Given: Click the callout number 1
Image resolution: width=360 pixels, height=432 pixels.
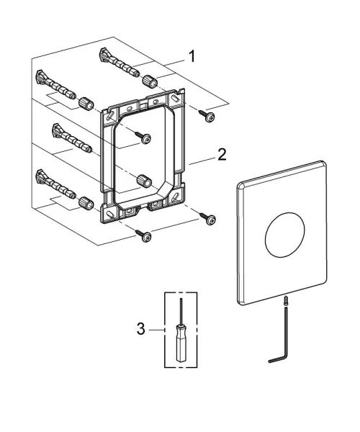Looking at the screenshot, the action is [192, 56].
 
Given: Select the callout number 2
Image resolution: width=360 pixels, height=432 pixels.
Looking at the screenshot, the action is [222, 154].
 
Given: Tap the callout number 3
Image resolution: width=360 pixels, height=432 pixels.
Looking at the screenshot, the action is [140, 329].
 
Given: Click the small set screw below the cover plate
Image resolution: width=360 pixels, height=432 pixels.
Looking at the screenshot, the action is [287, 300].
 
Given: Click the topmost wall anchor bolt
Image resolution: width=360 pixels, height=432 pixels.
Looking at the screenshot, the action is [119, 63].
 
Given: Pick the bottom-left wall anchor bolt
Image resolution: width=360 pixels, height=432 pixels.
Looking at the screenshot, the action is [56, 184].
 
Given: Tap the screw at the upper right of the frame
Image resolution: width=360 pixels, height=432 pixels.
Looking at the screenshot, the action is [207, 116].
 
